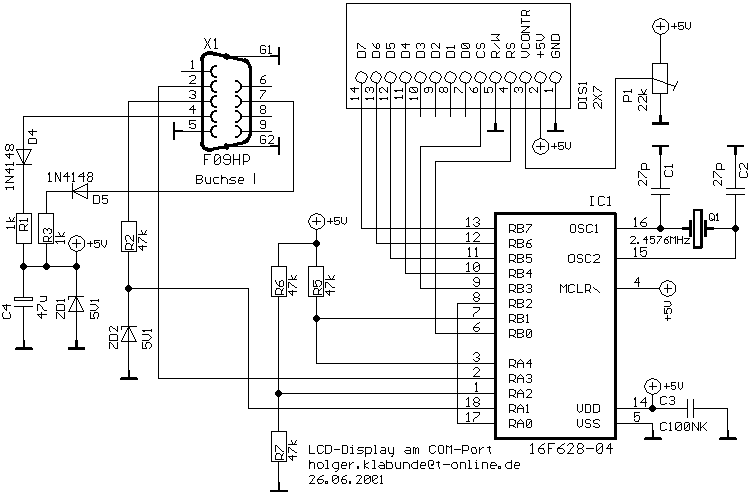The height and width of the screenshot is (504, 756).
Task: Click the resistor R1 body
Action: pos(23,228)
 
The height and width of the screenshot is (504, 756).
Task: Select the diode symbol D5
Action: pos(81,192)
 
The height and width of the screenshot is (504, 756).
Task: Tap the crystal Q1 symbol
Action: pos(698,228)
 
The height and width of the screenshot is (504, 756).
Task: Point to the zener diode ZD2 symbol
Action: pos(128,334)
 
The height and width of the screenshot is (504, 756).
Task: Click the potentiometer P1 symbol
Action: pos(659,78)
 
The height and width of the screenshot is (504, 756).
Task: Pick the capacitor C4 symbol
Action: pos(23,300)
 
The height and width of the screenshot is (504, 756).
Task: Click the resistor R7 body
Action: pos(278,447)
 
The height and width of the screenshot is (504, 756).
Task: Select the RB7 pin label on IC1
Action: pos(520,228)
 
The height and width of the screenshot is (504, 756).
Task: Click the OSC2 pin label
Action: pos(584,259)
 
